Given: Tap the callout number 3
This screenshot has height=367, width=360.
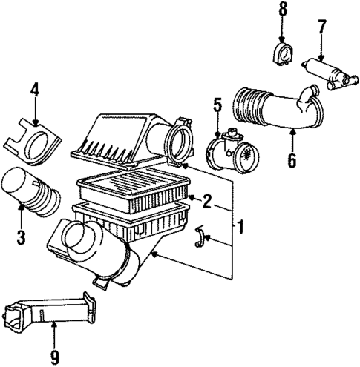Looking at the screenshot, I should click(21, 237).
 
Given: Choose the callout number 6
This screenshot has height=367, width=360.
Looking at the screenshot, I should click(292, 159).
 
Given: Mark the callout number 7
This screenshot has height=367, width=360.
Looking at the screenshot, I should click(321, 27).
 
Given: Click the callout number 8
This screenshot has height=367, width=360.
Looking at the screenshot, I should click(282, 10).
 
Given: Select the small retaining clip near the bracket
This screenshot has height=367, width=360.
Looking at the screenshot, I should click(197, 237).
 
